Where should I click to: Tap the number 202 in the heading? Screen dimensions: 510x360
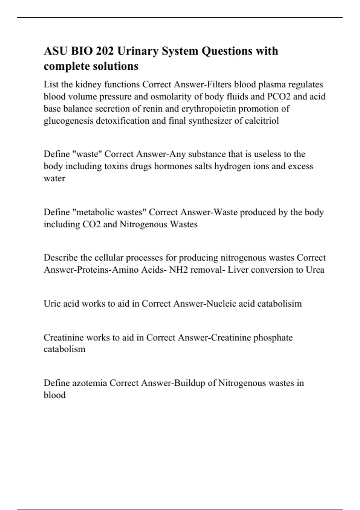(105, 51)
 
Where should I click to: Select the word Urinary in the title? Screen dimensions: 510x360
(137, 51)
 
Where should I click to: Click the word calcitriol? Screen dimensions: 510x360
(262, 121)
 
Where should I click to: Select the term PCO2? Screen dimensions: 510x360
(279, 97)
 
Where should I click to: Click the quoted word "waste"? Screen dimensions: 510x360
(87, 154)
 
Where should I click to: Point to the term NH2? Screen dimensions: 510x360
(178, 270)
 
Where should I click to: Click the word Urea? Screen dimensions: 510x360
(315, 270)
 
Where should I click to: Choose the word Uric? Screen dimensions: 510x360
(52, 304)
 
